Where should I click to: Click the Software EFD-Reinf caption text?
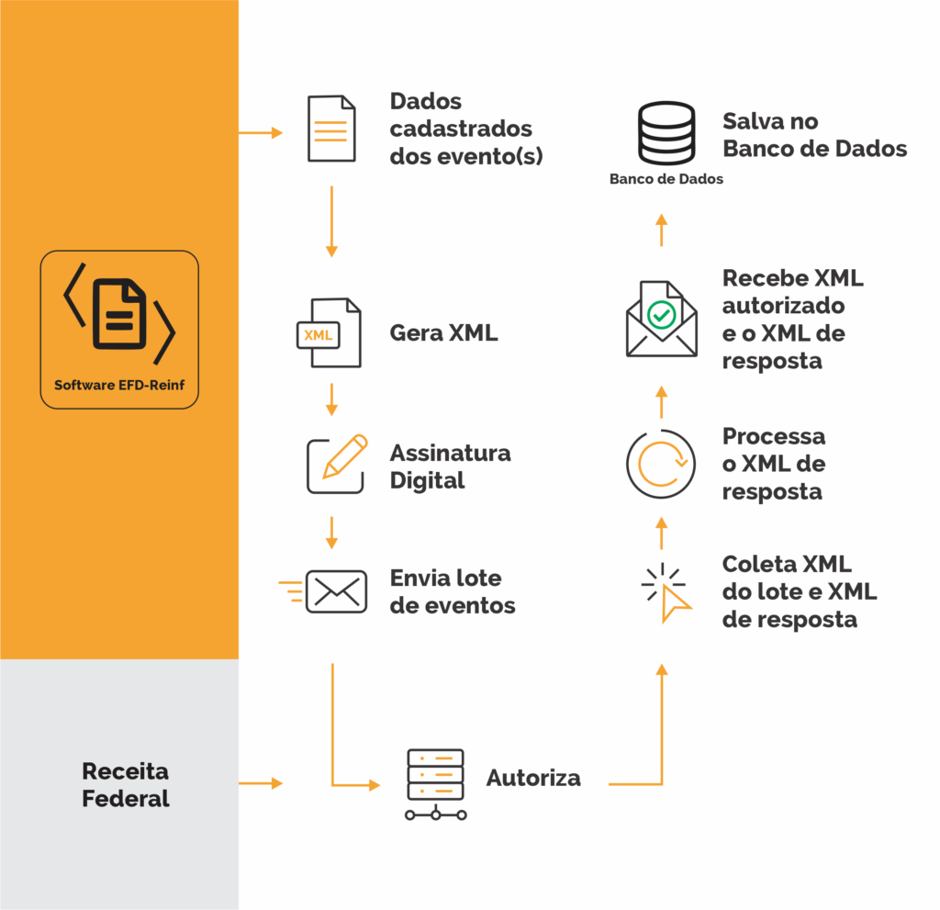click(x=119, y=385)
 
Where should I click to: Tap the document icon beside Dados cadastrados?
click(x=330, y=129)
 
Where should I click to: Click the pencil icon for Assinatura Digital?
click(x=335, y=465)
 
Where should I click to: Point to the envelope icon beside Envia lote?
click(x=335, y=591)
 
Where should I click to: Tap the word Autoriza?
click(x=533, y=778)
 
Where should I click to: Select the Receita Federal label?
click(x=126, y=784)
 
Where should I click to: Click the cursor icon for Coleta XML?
click(x=667, y=594)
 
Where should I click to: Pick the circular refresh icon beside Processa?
click(x=660, y=464)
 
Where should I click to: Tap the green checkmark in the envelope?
click(x=661, y=314)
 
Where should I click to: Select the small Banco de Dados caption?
click(x=666, y=179)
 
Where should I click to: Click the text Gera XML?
click(x=443, y=332)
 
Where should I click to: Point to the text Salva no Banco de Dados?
click(x=814, y=135)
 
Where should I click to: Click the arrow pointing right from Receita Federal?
click(x=261, y=783)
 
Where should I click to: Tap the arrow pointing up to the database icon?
click(x=661, y=230)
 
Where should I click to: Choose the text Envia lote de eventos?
click(x=453, y=591)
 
